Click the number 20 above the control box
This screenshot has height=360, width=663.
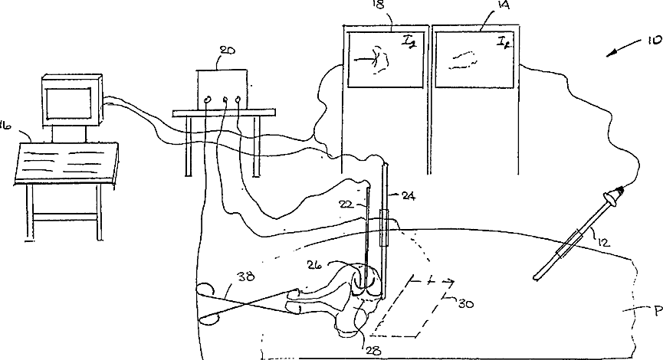tap(227, 51)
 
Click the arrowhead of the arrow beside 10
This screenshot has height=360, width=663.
tap(608, 54)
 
